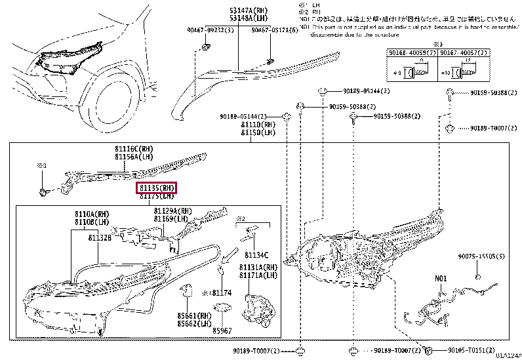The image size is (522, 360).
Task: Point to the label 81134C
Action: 256,254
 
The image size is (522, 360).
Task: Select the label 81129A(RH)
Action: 173,211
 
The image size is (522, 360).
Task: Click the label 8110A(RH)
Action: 92,214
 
